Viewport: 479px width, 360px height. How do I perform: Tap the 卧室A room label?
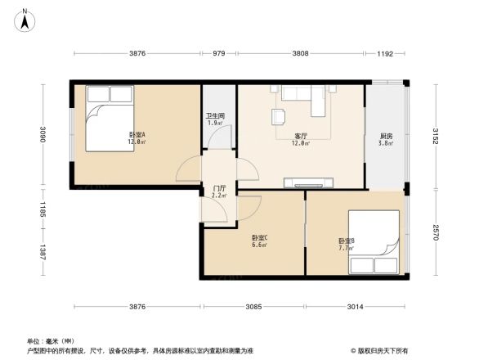[137, 135]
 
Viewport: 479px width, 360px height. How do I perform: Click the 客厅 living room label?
[301, 136]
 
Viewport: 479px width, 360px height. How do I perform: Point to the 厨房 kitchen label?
[385, 136]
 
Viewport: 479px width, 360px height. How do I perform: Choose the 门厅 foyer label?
[218, 188]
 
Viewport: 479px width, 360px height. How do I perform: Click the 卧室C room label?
[260, 238]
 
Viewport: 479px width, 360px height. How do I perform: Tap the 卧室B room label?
[346, 241]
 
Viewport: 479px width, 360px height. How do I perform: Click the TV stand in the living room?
[308, 182]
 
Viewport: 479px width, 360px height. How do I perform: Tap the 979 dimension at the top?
[218, 54]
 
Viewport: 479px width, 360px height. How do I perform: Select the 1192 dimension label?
[385, 54]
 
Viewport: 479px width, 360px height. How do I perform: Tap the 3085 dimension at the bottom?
[253, 307]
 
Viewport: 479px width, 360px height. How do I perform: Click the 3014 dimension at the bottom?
[355, 307]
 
